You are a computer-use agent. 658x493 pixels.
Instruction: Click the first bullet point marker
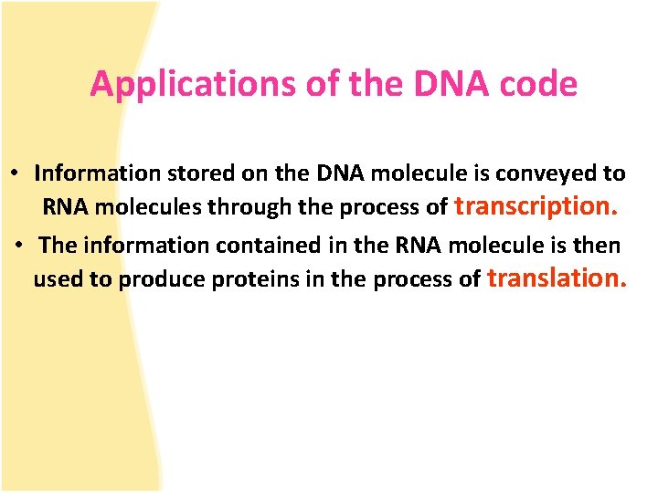16,173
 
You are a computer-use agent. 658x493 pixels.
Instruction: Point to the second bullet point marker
19,246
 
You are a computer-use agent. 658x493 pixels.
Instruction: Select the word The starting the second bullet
58,246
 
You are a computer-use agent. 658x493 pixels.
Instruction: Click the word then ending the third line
599,246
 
